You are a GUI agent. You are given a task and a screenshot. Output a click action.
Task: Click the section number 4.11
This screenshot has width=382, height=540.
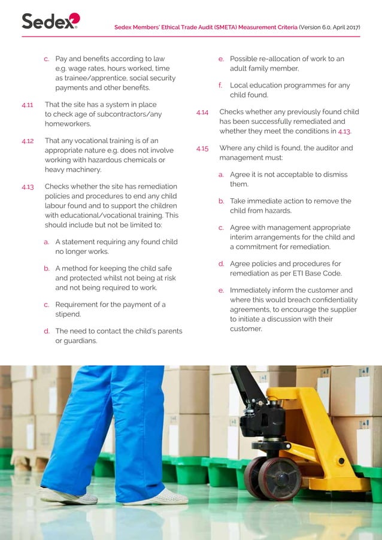(27, 105)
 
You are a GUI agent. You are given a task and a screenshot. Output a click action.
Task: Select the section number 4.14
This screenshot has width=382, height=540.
(202, 112)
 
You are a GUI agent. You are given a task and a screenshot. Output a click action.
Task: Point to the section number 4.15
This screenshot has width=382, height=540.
(202, 148)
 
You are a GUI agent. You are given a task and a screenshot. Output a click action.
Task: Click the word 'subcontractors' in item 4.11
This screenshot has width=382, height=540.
(115, 114)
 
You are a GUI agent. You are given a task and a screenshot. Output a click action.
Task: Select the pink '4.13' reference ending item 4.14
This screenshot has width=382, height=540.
(344, 131)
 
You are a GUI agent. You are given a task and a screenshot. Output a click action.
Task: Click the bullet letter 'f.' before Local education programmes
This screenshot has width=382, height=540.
(221, 86)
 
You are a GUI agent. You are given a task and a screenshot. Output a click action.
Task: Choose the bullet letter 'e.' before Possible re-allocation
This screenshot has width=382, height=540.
(221, 59)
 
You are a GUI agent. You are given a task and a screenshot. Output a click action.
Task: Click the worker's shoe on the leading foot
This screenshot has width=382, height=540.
(159, 497)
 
